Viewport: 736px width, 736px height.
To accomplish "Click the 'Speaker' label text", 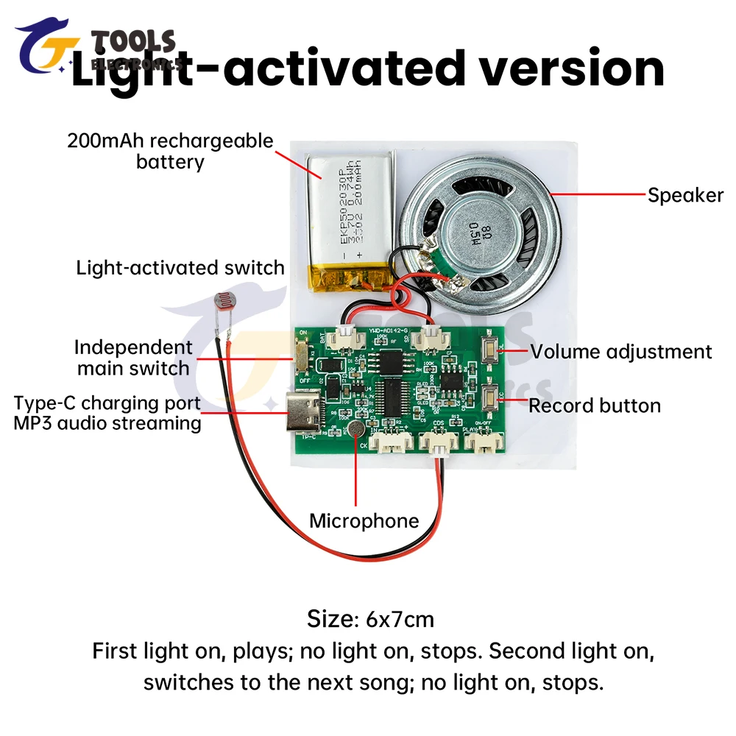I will point(685,195).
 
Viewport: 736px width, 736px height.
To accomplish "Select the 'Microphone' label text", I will point(364,521).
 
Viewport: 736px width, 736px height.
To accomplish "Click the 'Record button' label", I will point(595,406).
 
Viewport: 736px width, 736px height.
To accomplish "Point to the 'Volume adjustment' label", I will point(621,352).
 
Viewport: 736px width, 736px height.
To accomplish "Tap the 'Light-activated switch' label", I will point(180,267).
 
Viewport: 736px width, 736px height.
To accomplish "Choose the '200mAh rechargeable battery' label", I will point(170,151).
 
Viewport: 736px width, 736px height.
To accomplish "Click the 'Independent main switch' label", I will point(133,357).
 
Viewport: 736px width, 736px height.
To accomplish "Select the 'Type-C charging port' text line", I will point(107,403).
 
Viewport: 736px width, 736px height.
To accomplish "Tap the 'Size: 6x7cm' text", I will point(369,619).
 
